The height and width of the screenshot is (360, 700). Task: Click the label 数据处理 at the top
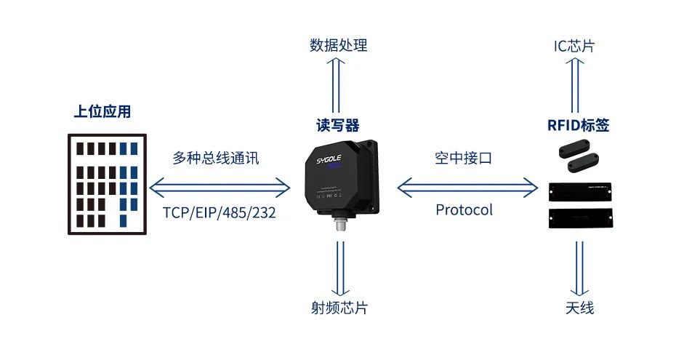(339, 46)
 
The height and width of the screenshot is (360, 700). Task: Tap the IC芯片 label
(574, 46)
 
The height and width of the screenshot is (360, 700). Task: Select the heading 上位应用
(102, 112)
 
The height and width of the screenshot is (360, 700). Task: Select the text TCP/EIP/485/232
(219, 213)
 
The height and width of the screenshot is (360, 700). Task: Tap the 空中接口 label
(464, 158)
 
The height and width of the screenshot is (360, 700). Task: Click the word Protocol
(464, 210)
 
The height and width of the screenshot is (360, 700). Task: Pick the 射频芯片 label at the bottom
(339, 308)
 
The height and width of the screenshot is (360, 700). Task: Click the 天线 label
(579, 308)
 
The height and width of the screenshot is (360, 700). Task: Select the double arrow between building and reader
(220, 187)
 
